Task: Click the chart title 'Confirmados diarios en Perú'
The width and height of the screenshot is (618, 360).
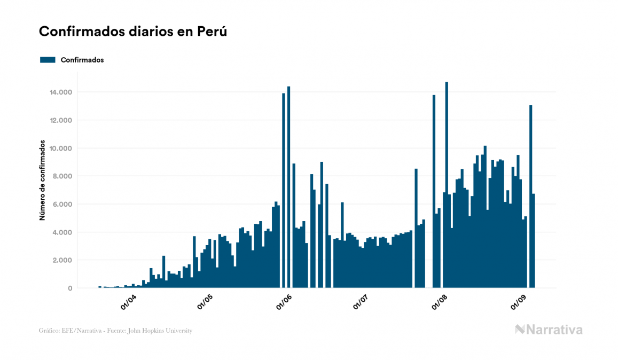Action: coord(133,32)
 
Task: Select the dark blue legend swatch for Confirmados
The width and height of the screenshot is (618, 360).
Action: coord(48,60)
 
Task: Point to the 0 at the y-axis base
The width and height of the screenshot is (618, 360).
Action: coord(69,288)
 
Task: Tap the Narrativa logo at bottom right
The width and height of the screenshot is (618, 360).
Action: coord(549,330)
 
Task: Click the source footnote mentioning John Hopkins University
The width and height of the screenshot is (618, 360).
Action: coord(115,331)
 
